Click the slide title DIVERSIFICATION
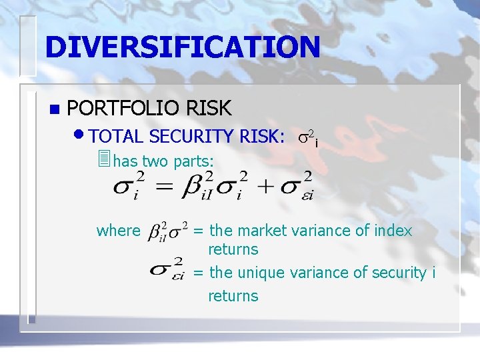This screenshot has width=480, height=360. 183,47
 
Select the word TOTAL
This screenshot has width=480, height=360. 116,137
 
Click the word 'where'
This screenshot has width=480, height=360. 119,231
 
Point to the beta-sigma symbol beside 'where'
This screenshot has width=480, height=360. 167,231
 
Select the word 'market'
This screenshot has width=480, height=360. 261,231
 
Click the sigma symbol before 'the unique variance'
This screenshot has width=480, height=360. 167,268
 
